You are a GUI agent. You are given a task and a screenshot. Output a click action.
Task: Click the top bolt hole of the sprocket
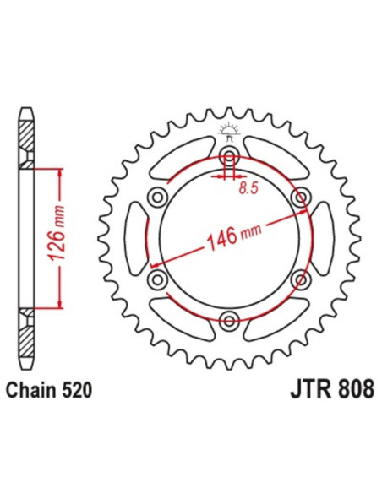tap(227, 155)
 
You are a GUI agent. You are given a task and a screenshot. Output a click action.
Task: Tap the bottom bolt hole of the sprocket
tap(227, 318)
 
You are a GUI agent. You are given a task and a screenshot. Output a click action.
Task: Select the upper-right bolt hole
tap(297, 197)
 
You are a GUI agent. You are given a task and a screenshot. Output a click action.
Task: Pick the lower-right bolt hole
tap(297, 278)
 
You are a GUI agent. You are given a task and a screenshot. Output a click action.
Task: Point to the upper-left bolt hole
tap(156, 197)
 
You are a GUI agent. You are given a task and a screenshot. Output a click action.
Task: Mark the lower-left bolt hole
tap(156, 278)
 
